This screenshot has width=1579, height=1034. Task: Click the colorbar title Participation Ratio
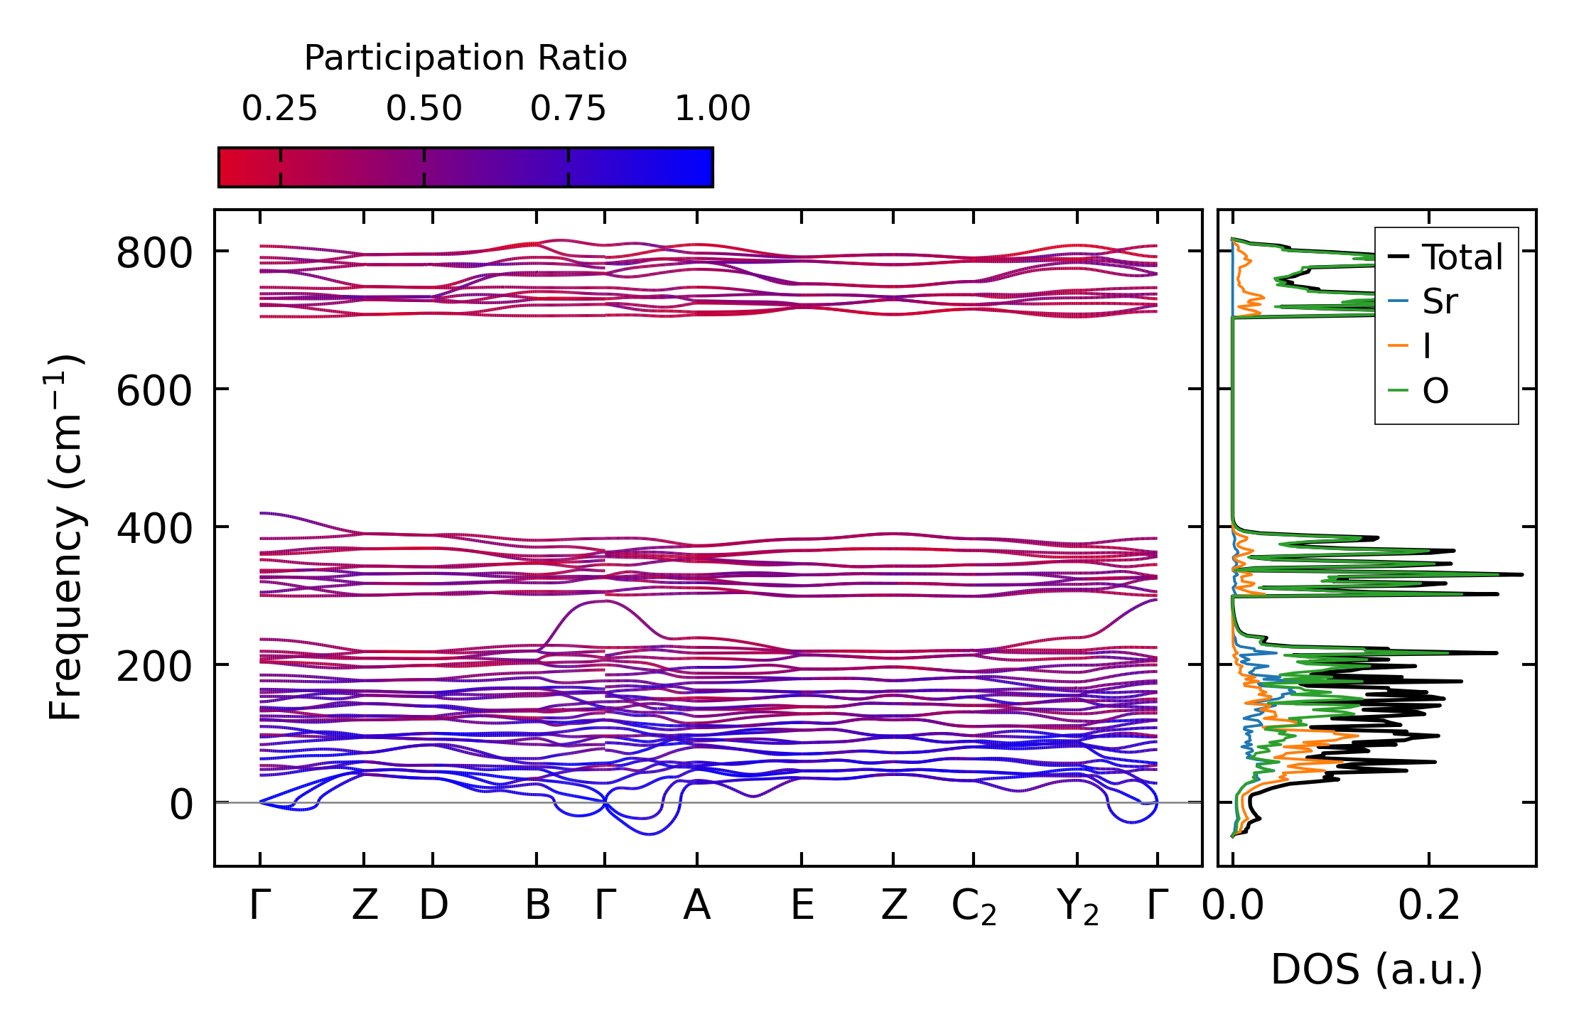click(465, 58)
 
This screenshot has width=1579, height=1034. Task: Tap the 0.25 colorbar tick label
click(279, 109)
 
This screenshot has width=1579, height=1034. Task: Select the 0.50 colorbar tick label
click(424, 109)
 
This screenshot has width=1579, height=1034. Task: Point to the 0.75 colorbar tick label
click(568, 109)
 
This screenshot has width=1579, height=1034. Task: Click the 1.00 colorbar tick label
click(713, 109)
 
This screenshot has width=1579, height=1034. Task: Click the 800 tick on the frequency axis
click(154, 253)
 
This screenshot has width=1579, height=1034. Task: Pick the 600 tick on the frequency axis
click(154, 391)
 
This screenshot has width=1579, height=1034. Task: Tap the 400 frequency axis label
click(154, 529)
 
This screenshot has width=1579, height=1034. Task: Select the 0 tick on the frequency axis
click(181, 804)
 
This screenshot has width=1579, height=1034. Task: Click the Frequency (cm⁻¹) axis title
click(65, 537)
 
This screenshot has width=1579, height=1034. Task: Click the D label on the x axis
click(433, 905)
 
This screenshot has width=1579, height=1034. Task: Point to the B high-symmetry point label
click(537, 905)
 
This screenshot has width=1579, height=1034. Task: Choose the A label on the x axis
click(697, 905)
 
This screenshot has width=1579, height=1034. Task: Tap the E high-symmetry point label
click(802, 905)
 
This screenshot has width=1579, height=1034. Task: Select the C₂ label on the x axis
click(974, 908)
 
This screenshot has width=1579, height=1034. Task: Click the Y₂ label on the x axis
click(1078, 908)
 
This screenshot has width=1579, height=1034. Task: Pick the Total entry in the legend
click(1445, 257)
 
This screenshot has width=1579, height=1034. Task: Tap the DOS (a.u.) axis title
click(1376, 969)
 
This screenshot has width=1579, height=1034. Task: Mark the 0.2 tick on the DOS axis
click(1429, 905)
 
